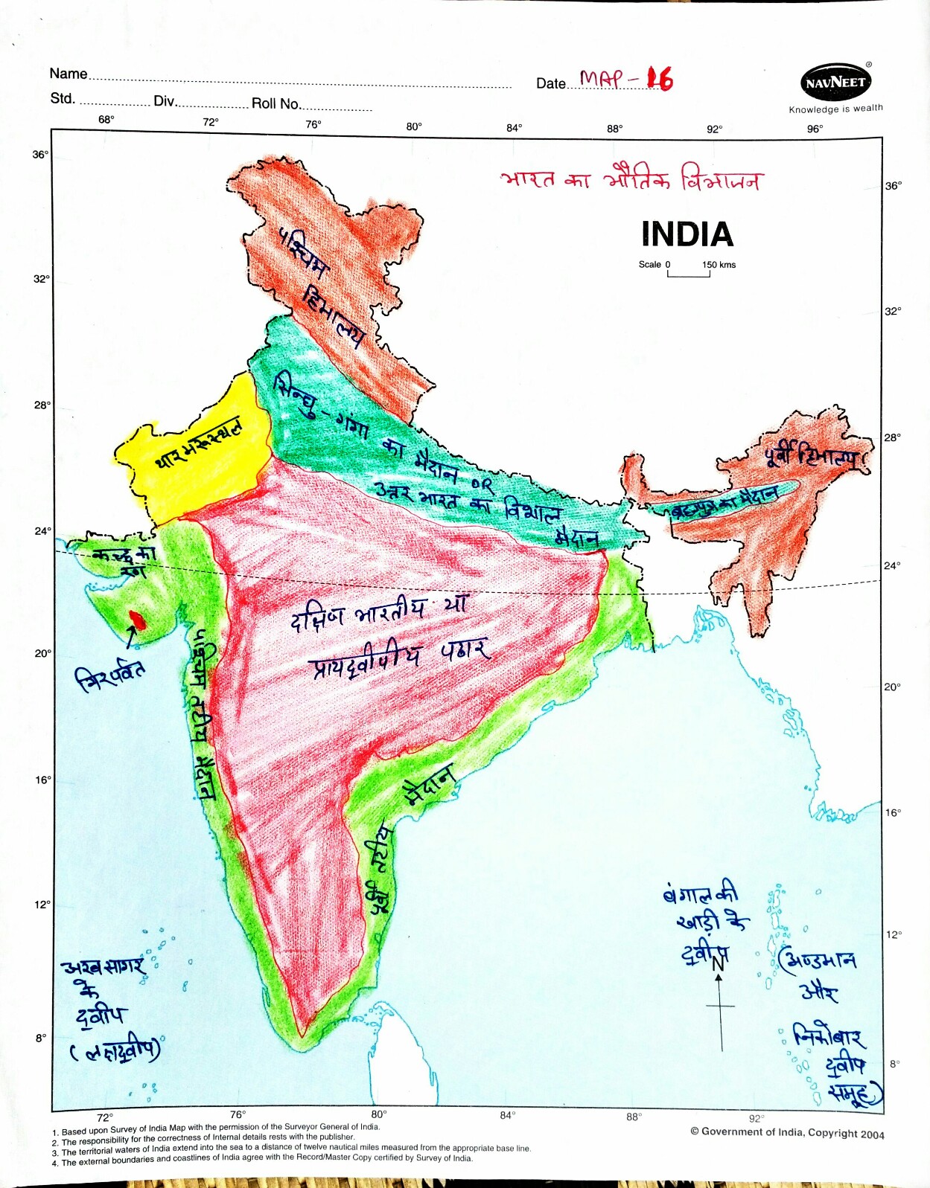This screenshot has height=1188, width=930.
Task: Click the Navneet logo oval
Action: [x=835, y=83]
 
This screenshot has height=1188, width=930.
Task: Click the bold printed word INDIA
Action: [x=687, y=234]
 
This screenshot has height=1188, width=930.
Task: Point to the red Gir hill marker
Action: [x=138, y=619]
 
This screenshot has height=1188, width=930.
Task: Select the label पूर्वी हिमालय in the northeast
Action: [x=811, y=455]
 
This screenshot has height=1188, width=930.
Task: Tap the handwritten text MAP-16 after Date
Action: [x=625, y=78]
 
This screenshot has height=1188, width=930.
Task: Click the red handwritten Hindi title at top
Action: [x=630, y=179]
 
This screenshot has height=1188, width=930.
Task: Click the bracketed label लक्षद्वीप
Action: [x=115, y=1050]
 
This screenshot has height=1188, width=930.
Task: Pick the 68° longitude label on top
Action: [x=106, y=120]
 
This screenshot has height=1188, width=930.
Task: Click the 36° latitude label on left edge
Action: [x=40, y=155]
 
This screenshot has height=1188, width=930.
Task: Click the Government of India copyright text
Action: [x=787, y=1132]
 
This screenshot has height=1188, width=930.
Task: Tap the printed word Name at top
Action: [x=69, y=74]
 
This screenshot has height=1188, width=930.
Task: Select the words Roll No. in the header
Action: [x=276, y=103]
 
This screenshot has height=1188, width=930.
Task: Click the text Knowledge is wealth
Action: [x=835, y=109]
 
